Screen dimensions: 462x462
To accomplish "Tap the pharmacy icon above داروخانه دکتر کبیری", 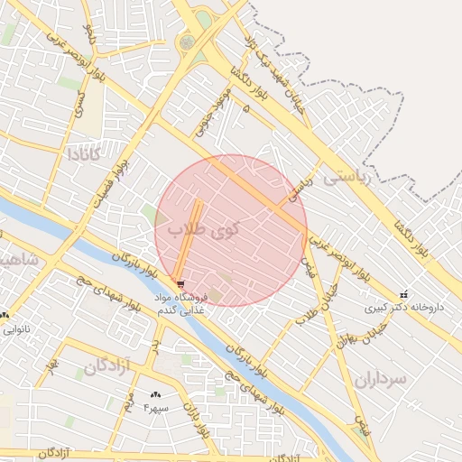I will click(x=402, y=293).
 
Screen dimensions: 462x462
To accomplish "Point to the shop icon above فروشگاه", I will click(x=181, y=283).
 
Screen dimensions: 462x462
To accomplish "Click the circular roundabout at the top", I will click(x=187, y=42).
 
